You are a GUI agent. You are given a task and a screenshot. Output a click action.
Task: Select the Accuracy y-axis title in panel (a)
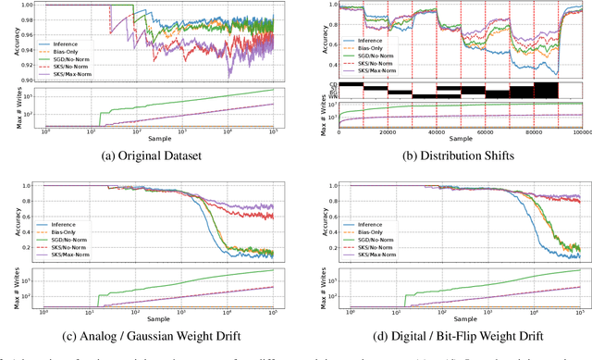pyautogui.click(x=10, y=41)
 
